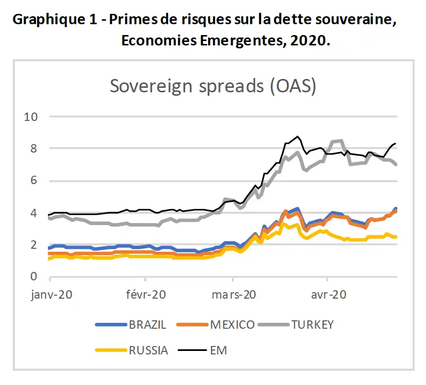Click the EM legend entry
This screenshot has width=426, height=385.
click(218, 350)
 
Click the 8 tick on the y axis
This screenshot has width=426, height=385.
click(33, 149)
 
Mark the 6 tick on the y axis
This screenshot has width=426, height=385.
click(33, 181)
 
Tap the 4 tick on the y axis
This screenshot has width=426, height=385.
click(33, 213)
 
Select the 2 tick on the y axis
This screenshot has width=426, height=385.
click(33, 245)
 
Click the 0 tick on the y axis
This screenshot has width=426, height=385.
click(33, 276)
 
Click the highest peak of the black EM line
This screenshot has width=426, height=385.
click(298, 136)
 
